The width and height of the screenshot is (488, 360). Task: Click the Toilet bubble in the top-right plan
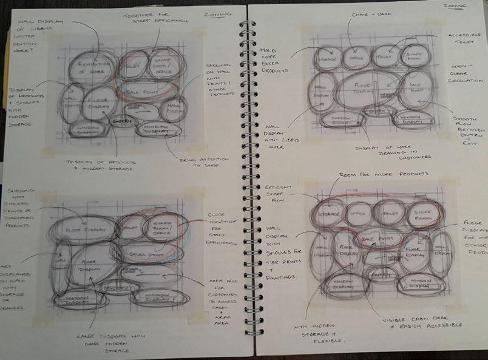tap(385, 56)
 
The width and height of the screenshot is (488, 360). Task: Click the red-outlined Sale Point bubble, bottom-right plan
tap(372, 239)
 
